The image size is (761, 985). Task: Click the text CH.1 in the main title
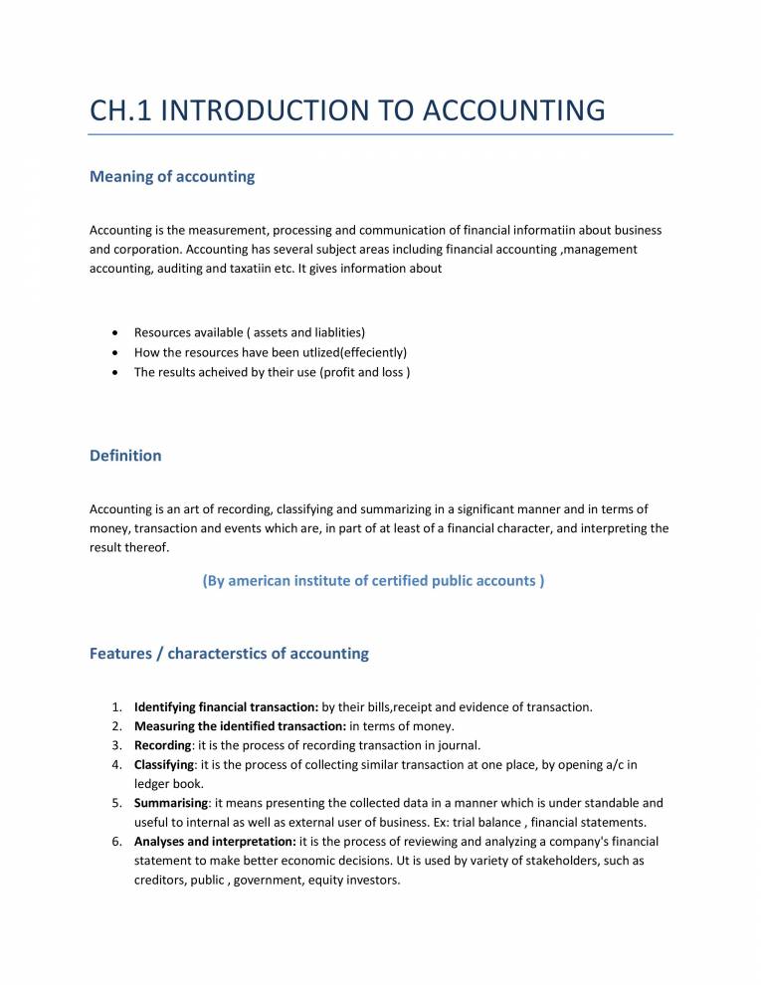(x=120, y=108)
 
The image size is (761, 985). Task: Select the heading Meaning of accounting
(x=172, y=177)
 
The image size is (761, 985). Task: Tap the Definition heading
(x=125, y=456)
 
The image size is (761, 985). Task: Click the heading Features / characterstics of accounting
(x=229, y=654)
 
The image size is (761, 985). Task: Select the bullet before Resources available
(x=119, y=332)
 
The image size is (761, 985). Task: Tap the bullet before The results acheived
(x=119, y=372)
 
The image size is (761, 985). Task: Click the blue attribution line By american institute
(x=373, y=580)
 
